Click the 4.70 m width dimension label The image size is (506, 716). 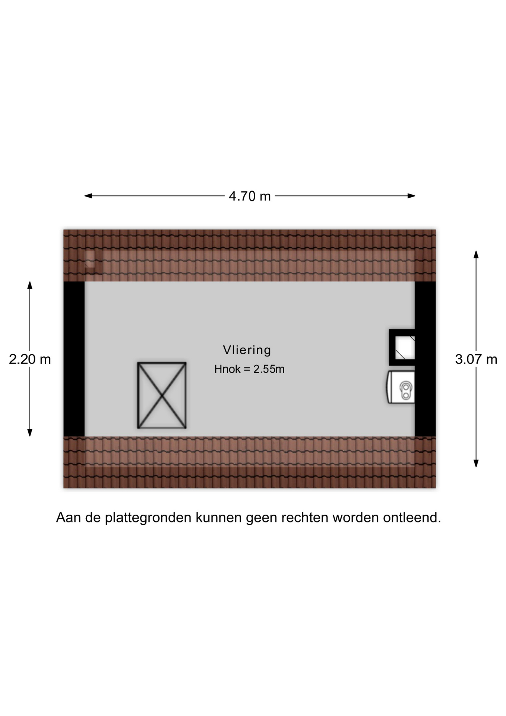tap(250, 196)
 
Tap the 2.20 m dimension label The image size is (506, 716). tap(30, 359)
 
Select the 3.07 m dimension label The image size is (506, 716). tap(476, 359)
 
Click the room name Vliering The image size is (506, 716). tap(247, 350)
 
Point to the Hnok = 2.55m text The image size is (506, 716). tap(249, 369)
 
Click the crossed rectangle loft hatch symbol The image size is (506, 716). tap(162, 395)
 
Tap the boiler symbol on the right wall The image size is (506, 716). tap(401, 387)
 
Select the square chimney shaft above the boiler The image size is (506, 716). tap(402, 347)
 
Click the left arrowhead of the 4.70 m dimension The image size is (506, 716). tap(88, 196)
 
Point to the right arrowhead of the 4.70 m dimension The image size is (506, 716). tap(411, 196)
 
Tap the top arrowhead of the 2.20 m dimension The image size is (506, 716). tap(30, 285)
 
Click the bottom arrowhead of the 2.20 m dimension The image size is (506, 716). tap(30, 433)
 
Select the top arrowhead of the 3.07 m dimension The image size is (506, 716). tap(476, 254)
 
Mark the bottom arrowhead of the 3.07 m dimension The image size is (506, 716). tap(476, 463)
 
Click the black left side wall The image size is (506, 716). tap(74, 359)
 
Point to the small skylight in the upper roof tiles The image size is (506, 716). tap(90, 259)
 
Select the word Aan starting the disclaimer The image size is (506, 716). tap(68, 518)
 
